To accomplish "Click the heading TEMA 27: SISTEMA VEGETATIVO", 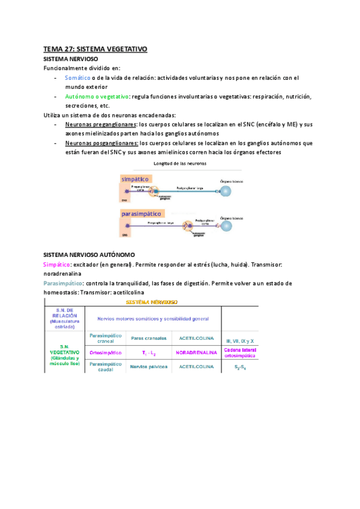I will (95, 49).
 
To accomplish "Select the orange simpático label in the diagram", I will (135, 179).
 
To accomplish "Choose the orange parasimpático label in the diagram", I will (142, 213).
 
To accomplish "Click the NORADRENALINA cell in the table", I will (197, 352).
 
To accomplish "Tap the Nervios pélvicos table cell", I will (148, 366).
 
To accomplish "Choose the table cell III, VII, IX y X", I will (239, 339).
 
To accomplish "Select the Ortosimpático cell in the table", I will (105, 352).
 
